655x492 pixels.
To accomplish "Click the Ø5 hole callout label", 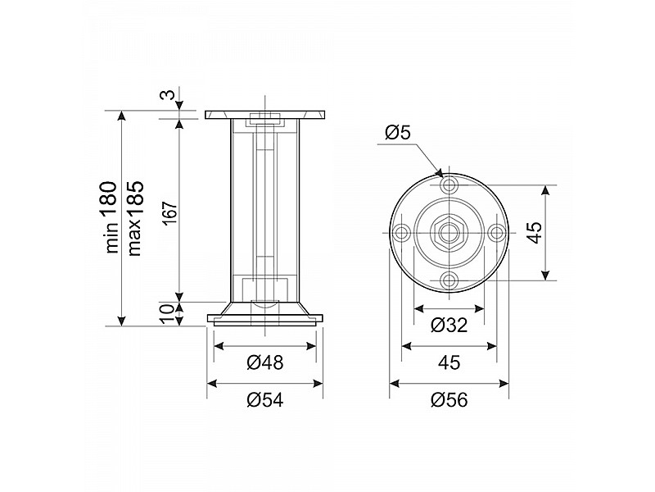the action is point(398,132).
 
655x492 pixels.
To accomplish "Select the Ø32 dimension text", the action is point(449,325).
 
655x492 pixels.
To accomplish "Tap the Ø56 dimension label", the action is point(449,400).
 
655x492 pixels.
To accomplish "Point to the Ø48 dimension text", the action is point(264,362).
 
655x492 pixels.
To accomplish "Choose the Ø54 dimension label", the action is point(264,400).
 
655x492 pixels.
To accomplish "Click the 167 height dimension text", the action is point(170,214).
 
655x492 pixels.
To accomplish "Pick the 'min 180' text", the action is point(111,217).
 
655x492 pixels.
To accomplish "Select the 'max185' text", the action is point(135,218).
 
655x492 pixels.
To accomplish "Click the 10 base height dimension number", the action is point(167,314).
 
